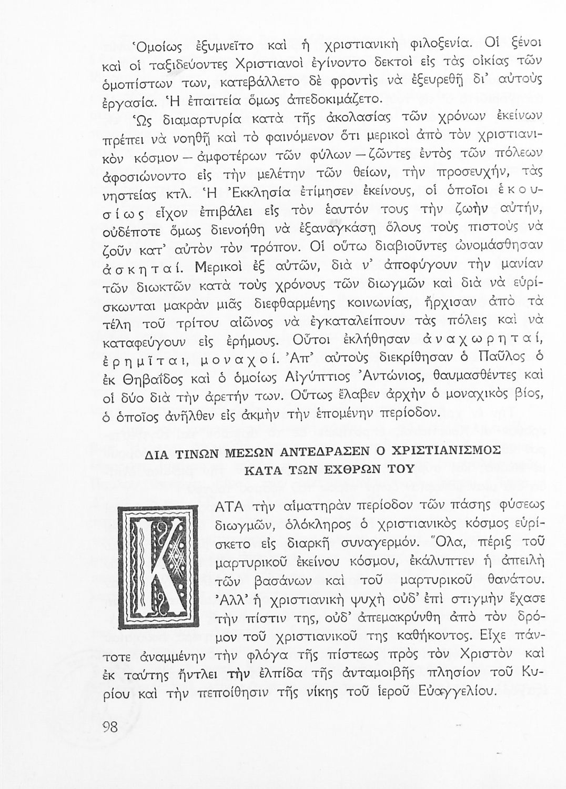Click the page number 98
click(x=110, y=727)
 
